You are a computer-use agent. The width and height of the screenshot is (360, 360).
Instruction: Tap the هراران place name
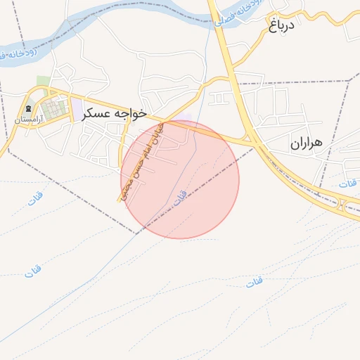(306, 143)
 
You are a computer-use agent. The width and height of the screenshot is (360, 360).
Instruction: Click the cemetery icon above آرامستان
(28, 108)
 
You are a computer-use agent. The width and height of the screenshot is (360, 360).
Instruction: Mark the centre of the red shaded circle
(180, 179)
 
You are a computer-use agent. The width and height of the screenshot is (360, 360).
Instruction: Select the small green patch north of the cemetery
(44, 81)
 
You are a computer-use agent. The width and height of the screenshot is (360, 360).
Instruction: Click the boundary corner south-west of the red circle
(136, 233)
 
